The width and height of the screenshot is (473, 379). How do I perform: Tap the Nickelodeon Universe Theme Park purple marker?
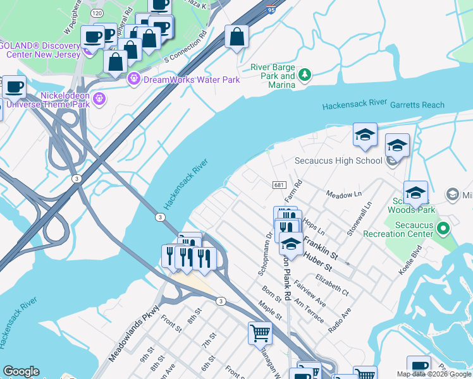point(99,99)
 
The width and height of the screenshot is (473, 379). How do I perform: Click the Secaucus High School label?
point(338,160)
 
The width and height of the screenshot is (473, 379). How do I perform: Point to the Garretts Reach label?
point(417,105)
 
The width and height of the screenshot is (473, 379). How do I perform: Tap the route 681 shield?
point(279,184)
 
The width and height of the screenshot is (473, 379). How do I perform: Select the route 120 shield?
point(96,13)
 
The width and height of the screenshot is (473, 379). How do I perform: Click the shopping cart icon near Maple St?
point(260,332)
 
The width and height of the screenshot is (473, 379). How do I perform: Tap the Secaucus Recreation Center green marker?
point(443,228)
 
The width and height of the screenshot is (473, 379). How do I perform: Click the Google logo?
point(21,371)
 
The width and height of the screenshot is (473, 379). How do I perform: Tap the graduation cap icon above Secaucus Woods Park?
point(415,192)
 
